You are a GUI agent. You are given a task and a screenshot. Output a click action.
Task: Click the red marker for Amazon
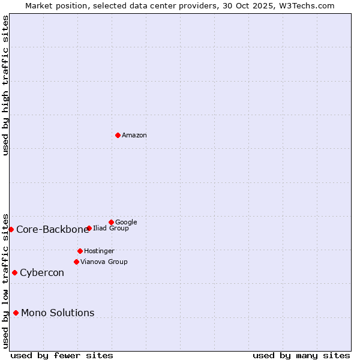(x=118, y=135)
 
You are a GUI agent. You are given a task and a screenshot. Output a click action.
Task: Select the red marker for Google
(x=111, y=222)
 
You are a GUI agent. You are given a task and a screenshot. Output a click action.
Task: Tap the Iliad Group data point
(x=89, y=228)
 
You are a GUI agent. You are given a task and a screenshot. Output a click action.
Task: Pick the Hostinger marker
(x=80, y=251)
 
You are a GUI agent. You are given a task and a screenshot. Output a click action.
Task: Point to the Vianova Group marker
(x=76, y=262)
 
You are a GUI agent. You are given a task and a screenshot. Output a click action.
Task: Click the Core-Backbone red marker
(x=11, y=229)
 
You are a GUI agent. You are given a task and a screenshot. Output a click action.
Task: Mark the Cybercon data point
(x=14, y=272)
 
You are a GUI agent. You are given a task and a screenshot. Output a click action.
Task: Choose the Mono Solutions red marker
(x=16, y=313)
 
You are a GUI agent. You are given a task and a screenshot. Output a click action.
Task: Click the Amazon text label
(x=134, y=136)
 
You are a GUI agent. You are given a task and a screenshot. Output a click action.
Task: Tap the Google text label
(x=126, y=223)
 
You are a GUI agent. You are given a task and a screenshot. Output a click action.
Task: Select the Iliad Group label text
(x=111, y=229)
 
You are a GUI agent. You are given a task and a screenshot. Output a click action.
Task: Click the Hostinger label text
(x=99, y=251)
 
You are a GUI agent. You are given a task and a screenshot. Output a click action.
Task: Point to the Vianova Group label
(x=104, y=262)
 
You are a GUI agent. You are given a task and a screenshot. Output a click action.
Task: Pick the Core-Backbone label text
(x=52, y=230)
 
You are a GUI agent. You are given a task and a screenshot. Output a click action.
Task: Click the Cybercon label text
(x=42, y=273)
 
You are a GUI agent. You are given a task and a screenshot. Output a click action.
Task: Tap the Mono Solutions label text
(x=58, y=313)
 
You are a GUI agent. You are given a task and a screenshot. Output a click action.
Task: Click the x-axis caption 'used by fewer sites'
(x=62, y=355)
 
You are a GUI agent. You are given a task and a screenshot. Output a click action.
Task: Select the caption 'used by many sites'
(x=301, y=355)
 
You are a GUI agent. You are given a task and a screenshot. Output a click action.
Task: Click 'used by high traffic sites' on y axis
(x=6, y=85)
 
